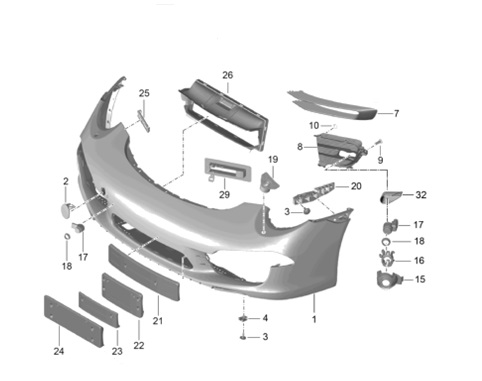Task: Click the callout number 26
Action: click(227, 75)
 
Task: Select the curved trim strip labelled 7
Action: click(333, 107)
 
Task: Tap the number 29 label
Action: click(224, 194)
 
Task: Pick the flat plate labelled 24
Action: click(74, 321)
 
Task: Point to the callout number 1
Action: click(314, 319)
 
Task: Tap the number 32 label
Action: click(421, 195)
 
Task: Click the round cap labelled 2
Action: click(68, 209)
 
